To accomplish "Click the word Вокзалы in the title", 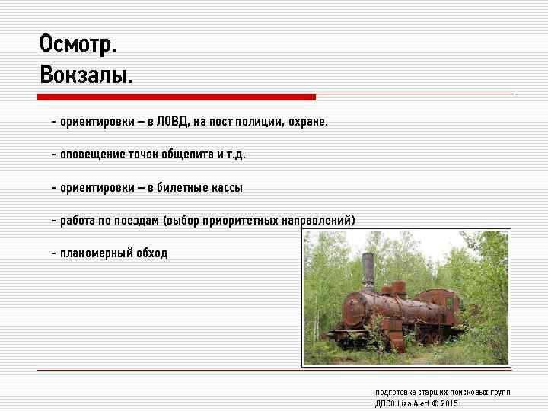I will pyautogui.click(x=84, y=75).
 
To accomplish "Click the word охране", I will pyautogui.click(x=308, y=121).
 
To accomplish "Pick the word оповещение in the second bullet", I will pyautogui.click(x=92, y=155).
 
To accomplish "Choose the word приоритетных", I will pyautogui.click(x=244, y=221).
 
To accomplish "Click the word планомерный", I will pyautogui.click(x=97, y=253).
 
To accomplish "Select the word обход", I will pyautogui.click(x=152, y=253).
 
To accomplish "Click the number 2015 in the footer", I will pyautogui.click(x=449, y=403).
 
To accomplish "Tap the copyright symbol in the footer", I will pyautogui.click(x=435, y=403).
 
